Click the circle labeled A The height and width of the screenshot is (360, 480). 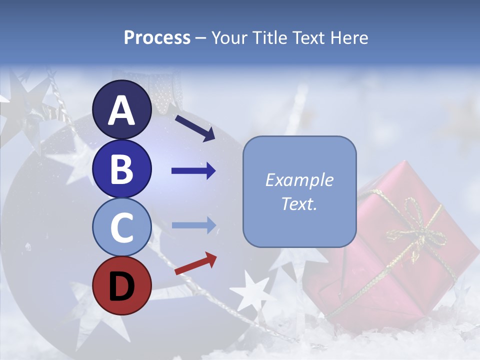coord(121,110)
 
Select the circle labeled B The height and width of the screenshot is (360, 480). coord(121,168)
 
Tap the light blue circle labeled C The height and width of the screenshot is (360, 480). coord(121,227)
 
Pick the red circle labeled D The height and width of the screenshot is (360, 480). coord(121,286)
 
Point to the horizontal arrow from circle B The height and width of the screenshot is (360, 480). coord(193,171)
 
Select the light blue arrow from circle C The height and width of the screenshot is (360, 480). coord(193,225)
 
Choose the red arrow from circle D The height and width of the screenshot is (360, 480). coord(195,263)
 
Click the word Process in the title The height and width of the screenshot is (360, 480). coord(157,37)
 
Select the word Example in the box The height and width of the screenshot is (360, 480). coord(299,180)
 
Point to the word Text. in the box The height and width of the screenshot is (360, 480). coord(299,203)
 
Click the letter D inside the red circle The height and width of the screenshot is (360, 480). coord(121,286)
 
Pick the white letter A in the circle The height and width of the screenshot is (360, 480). coord(121,110)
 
